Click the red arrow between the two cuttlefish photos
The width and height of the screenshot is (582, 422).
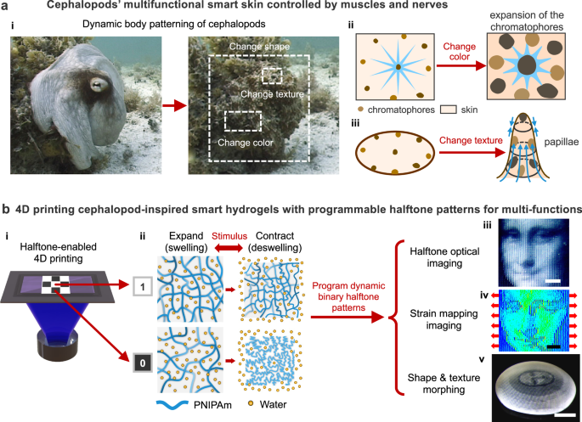172,105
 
